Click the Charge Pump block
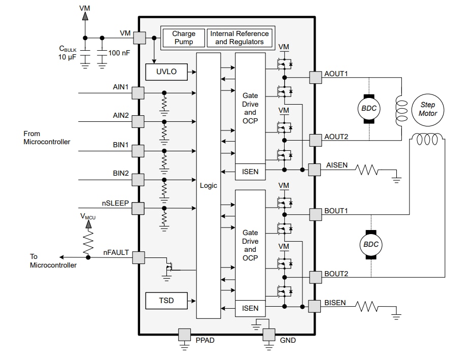[x=184, y=38]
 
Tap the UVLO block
[x=166, y=72]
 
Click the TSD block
[x=166, y=301]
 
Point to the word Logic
[x=209, y=185]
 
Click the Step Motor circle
[x=427, y=109]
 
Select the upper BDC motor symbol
[x=369, y=109]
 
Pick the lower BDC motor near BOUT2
[x=370, y=245]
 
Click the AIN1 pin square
[x=138, y=93]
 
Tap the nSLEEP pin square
[x=138, y=208]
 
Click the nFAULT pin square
[x=138, y=257]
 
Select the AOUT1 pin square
[x=315, y=77]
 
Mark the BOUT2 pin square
[x=315, y=277]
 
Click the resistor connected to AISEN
[x=367, y=170]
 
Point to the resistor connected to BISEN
[x=367, y=307]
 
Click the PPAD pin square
[x=184, y=334]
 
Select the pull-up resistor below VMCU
[x=88, y=240]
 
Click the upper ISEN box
[x=250, y=172]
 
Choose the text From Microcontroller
[x=47, y=138]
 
